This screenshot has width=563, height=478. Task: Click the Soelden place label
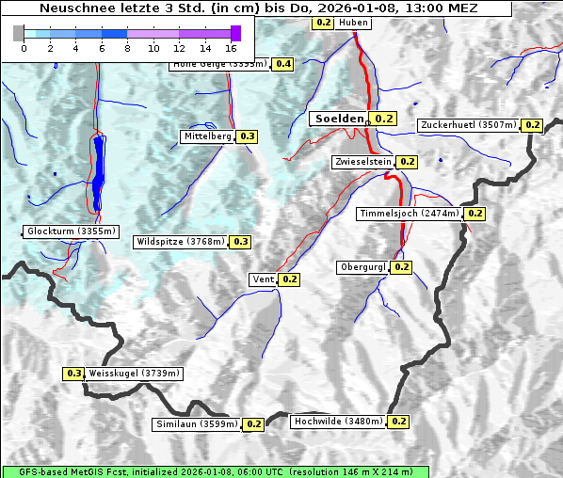click(x=339, y=119)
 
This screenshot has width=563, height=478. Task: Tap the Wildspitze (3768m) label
click(x=181, y=242)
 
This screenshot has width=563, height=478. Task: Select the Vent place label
click(x=263, y=279)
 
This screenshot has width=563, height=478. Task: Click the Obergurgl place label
click(x=362, y=267)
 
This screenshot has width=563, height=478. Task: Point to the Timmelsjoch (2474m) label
click(x=410, y=214)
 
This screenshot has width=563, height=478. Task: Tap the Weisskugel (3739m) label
click(x=134, y=374)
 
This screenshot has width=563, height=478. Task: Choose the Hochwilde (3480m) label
click(x=338, y=422)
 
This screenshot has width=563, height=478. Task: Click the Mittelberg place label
click(x=207, y=136)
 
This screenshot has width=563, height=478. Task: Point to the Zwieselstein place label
click(x=362, y=162)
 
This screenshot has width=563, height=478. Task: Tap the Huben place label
click(x=353, y=23)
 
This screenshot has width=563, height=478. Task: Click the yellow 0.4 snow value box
click(x=283, y=64)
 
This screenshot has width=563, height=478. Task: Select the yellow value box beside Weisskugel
click(x=73, y=374)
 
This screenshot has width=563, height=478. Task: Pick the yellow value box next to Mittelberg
click(x=247, y=136)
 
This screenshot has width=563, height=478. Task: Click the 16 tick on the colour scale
click(x=232, y=47)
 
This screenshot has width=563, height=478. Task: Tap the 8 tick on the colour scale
click(x=127, y=47)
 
